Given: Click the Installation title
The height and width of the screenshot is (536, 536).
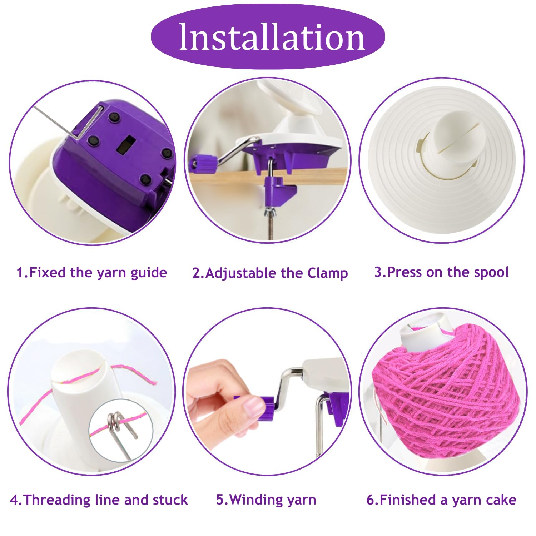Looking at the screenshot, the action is (272, 37).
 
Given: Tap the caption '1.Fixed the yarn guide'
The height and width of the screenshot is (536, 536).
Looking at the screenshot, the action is (92, 273).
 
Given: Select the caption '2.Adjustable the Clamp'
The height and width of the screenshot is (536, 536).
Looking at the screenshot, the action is (270, 273).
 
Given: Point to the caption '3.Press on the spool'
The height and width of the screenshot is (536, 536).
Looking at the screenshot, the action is (441, 272).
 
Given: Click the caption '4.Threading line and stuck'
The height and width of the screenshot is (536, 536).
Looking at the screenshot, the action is (99, 500).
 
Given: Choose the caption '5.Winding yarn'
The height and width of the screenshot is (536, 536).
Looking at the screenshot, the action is (266, 500).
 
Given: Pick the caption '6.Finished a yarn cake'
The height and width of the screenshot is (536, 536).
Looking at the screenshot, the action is (441, 500).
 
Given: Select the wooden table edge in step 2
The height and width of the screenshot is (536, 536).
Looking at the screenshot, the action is (268, 175).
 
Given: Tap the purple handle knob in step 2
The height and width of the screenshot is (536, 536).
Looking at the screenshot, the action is (202, 164).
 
